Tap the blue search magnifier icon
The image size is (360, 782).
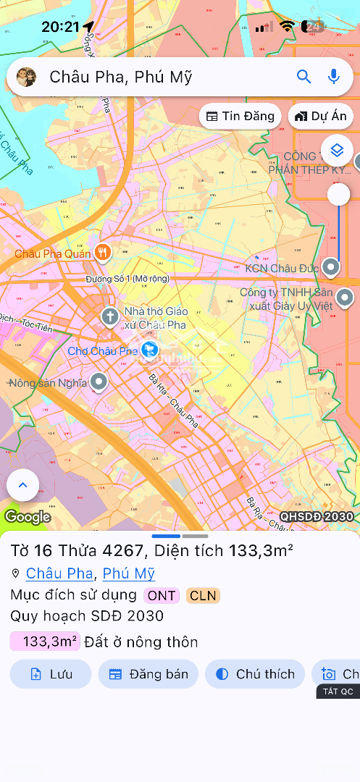304,77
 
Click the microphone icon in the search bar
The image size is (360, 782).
334,77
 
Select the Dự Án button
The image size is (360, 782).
321,116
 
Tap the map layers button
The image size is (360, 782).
336,150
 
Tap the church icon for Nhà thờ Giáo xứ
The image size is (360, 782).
109,316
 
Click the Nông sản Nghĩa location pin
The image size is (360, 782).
99,382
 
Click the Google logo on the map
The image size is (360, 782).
27,517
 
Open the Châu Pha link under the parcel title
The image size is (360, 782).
59,573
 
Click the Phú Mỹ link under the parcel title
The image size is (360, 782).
129,573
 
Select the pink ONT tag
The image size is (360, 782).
162,596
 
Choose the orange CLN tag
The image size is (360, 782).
203,596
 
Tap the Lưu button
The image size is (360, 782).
51,674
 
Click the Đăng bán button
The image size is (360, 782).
148,674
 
